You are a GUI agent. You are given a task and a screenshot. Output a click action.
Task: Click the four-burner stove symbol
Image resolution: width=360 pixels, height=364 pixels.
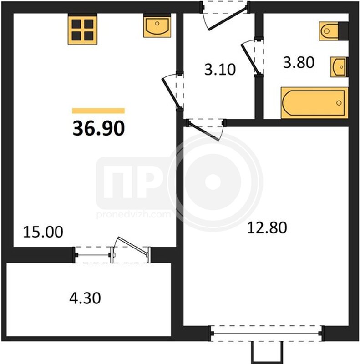tap(82, 29)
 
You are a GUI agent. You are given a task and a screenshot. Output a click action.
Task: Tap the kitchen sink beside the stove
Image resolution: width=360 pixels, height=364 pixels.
tap(157, 25)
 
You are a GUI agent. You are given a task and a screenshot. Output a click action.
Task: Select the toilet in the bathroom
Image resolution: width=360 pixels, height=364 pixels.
tap(334, 31)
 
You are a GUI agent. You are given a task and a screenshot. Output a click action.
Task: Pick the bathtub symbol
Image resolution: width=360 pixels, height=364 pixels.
tap(314, 103)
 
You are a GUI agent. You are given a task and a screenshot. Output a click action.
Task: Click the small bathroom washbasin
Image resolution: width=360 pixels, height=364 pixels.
tap(339, 67)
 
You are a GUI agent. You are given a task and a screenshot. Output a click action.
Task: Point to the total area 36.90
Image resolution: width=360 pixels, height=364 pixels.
tap(99, 128)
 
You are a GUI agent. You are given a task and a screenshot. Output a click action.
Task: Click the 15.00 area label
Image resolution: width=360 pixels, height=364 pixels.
tap(43, 232)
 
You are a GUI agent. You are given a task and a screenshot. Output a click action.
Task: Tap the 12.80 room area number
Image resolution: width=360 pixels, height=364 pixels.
tap(267, 227)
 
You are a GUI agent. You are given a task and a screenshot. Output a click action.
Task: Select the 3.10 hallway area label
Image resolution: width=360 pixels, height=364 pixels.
tap(220, 69)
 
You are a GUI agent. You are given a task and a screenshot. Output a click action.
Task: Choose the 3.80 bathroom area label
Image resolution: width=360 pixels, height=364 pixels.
tap(299, 62)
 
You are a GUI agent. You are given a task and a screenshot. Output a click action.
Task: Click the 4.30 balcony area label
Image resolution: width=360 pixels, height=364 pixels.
tap(85, 298)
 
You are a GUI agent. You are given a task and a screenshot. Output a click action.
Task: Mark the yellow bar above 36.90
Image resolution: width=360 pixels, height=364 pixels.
tap(98, 111)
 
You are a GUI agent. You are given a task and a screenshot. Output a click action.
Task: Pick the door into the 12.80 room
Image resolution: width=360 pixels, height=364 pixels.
tap(204, 131)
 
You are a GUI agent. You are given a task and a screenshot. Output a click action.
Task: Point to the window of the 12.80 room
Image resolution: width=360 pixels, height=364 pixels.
tap(266, 334)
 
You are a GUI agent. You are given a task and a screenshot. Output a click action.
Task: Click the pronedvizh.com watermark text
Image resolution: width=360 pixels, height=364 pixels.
tap(133, 214)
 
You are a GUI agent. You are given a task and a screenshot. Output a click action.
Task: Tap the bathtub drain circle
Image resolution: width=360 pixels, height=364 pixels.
tap(339, 103)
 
